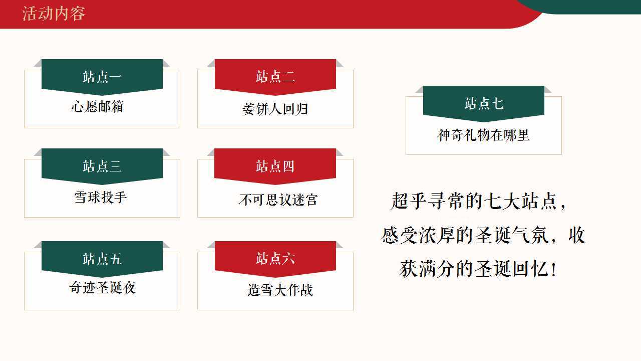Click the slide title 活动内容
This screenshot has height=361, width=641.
tap(54, 14)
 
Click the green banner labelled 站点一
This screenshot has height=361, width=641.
tap(102, 77)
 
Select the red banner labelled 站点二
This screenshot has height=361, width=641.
tap(275, 77)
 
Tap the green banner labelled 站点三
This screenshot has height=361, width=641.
tap(102, 166)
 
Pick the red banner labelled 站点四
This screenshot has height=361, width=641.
tap(275, 166)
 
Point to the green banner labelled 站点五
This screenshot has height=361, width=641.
tap(102, 259)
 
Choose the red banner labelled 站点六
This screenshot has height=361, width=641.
tap(275, 259)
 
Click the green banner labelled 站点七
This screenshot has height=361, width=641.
tap(484, 103)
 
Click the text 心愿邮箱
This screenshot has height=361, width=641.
tap(97, 107)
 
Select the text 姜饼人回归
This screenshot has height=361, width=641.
tap(275, 109)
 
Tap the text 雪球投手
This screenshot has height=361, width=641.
tap(101, 197)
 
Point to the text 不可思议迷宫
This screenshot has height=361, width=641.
tap(278, 200)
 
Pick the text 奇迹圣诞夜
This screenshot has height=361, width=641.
tap(102, 287)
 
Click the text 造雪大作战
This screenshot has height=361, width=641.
tap(280, 290)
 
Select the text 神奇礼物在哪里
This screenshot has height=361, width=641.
tap(483, 135)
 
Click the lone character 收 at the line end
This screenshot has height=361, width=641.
tap(576, 235)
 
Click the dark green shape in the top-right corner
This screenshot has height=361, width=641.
tap(581, 7)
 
